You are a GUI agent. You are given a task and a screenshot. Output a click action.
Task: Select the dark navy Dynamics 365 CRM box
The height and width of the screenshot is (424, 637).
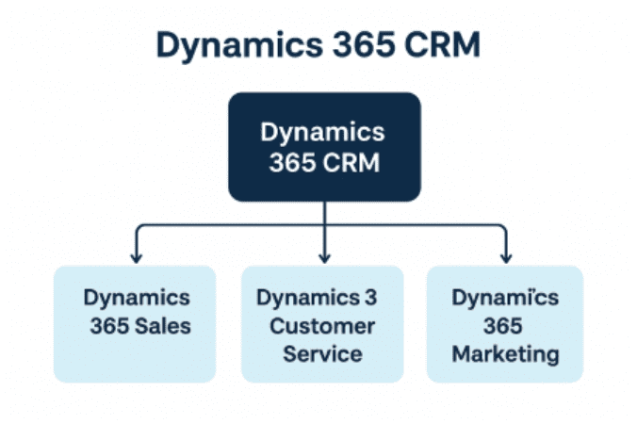click(x=324, y=146)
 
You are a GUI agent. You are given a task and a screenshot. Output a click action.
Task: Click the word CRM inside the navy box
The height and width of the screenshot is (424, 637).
click(x=352, y=162)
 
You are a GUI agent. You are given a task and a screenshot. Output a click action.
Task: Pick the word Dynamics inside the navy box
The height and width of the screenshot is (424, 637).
click(x=324, y=131)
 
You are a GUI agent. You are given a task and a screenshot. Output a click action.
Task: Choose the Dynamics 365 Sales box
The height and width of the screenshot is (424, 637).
click(x=136, y=323)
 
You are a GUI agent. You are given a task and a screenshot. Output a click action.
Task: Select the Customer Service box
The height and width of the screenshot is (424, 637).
click(x=322, y=323)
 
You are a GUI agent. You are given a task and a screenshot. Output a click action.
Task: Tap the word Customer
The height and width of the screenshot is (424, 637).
click(x=322, y=326)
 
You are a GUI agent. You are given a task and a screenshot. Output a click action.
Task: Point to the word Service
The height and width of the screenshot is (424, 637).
click(x=322, y=354)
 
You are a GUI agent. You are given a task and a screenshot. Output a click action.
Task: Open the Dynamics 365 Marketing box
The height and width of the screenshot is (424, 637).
click(x=505, y=323)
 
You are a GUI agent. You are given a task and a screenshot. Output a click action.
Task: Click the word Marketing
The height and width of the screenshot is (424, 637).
click(x=505, y=354)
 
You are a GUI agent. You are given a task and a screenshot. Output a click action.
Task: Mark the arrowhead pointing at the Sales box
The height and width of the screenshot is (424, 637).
click(x=136, y=255)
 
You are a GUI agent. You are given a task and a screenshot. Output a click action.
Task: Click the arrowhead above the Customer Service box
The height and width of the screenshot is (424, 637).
click(x=324, y=255)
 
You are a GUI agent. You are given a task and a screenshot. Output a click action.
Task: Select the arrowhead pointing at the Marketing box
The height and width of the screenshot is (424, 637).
click(x=505, y=255)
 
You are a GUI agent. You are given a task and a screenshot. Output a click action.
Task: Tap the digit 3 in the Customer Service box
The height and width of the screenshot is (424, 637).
click(x=370, y=298)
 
